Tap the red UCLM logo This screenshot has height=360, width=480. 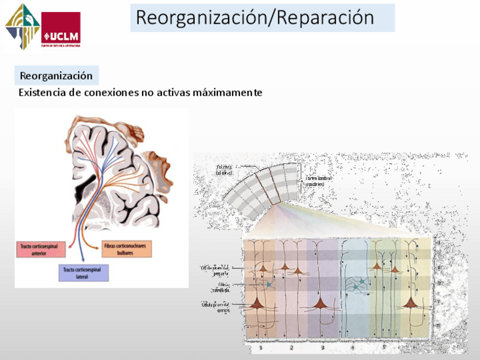[61, 29]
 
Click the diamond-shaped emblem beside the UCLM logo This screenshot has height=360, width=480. [22, 27]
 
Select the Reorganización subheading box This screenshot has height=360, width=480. [56, 75]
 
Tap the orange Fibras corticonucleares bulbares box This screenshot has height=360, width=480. [126, 249]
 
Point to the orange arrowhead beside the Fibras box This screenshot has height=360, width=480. [97, 245]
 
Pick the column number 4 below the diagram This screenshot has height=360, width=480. [352, 348]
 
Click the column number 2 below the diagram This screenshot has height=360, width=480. [291, 348]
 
